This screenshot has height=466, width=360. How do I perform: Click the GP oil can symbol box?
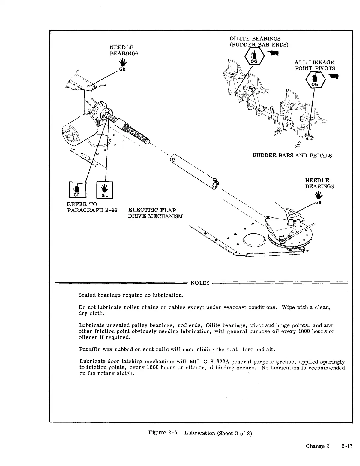[78, 190]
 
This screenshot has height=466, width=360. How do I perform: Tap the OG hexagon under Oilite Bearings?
[255, 56]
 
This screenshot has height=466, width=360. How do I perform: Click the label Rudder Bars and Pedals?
[292, 156]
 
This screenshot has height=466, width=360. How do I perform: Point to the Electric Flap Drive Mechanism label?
[155, 213]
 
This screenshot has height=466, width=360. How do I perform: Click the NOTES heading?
[200, 283]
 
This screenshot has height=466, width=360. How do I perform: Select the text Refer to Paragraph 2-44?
[92, 207]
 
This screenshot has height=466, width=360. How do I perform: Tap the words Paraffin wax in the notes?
[90, 349]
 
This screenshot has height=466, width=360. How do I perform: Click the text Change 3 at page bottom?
[318, 446]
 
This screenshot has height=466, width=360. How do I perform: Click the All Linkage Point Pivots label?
[314, 65]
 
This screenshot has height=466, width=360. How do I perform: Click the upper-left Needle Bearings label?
[124, 50]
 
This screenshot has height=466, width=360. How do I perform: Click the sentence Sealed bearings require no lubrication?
[131, 295]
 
